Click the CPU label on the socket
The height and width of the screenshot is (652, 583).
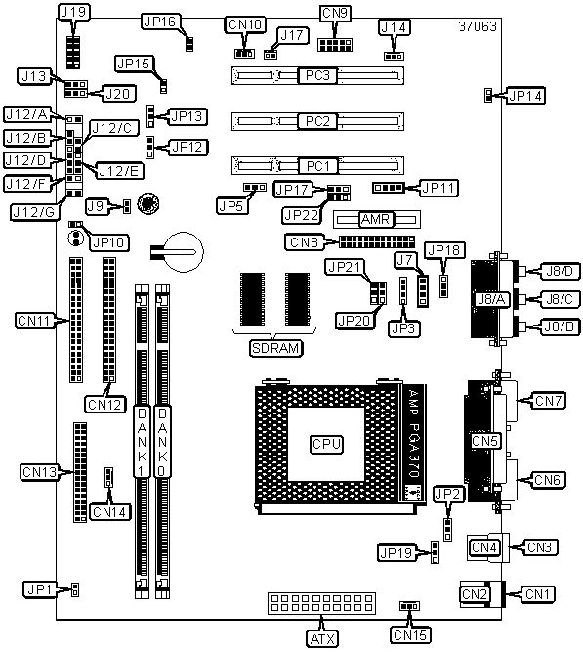326,444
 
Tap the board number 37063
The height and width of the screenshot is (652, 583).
478,26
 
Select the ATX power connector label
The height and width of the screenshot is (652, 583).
322,638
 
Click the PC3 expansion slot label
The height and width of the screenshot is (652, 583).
317,75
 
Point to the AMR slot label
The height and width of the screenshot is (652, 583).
376,219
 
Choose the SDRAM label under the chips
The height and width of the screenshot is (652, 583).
276,348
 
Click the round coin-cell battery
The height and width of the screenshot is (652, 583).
185,252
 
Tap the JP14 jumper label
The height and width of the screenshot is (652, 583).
525,96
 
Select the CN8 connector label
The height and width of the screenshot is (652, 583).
304,242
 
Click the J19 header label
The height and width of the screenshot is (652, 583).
73,13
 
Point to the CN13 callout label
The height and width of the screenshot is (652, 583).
39,472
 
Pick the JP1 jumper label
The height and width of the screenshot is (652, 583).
39,589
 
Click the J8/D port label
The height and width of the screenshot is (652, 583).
560,271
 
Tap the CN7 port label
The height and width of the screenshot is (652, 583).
549,401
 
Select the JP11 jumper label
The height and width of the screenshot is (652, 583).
438,188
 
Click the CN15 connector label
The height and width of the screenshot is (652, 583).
410,635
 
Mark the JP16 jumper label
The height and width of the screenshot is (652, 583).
161,22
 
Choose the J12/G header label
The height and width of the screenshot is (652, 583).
33,212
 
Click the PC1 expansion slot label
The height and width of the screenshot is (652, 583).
318,166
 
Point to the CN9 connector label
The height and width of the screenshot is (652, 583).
335,13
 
